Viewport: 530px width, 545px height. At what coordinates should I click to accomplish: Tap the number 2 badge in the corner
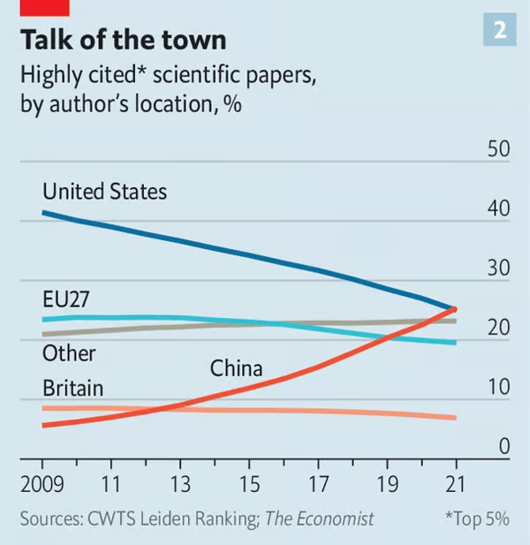(x=500, y=30)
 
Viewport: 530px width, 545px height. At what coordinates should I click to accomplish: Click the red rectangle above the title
(x=43, y=7)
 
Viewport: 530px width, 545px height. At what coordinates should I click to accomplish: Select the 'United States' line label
(x=104, y=191)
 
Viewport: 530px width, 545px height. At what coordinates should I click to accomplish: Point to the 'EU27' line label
(x=67, y=297)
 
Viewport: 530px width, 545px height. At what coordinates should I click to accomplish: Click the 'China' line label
(x=237, y=367)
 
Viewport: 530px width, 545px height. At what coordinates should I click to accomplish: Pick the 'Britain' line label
(x=73, y=388)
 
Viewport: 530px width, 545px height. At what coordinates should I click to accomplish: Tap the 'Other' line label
(x=69, y=353)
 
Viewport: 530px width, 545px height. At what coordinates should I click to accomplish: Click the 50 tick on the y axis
(x=499, y=148)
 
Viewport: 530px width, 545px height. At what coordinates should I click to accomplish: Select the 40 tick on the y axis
(x=499, y=208)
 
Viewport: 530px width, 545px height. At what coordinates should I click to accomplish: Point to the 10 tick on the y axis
(x=499, y=387)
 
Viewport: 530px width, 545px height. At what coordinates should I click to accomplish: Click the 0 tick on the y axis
(x=505, y=446)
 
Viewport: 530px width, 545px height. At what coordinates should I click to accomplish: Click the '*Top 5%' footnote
(x=476, y=519)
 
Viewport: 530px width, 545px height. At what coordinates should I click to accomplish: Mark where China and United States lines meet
(x=454, y=308)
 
